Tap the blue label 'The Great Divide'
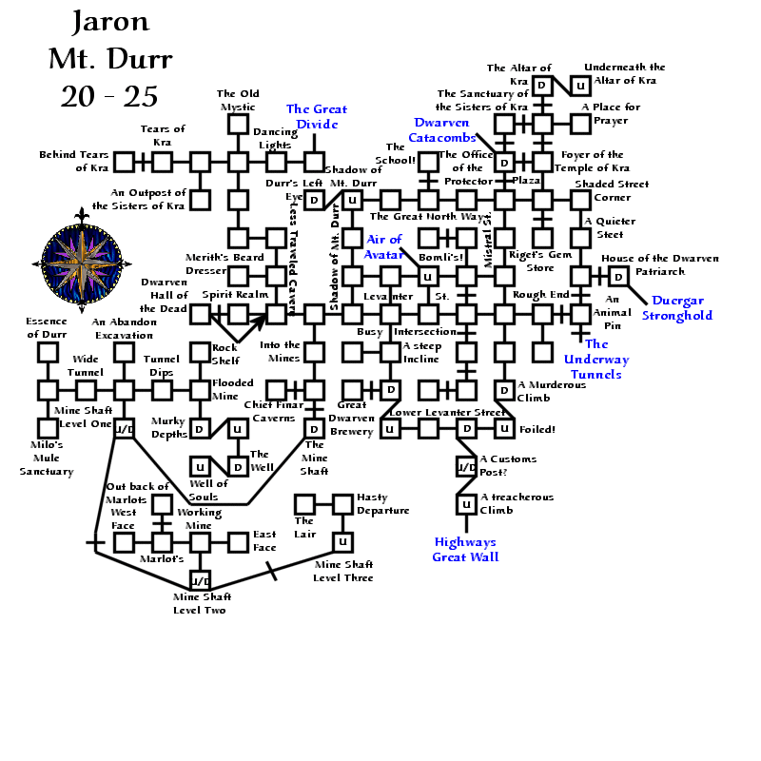coord(317,117)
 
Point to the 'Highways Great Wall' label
coord(466,550)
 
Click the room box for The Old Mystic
coord(238,124)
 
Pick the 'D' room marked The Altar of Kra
coord(542,86)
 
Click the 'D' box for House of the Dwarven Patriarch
coord(618,276)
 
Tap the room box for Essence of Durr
coord(48,352)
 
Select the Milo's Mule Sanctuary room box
coord(48,428)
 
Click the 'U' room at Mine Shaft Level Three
coord(342,542)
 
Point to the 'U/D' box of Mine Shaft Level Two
coord(200,580)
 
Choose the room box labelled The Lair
coord(304,504)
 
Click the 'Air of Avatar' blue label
coord(384,246)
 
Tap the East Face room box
coord(238,542)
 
